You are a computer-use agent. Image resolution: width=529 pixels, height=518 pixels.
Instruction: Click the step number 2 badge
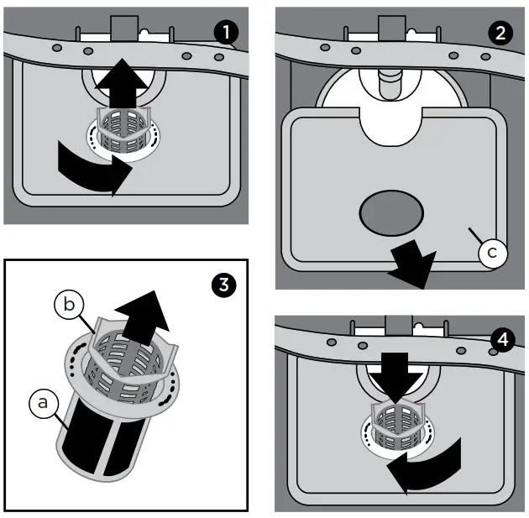[x=500, y=33]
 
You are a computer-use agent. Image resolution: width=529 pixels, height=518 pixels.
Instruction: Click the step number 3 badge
[x=223, y=285]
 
